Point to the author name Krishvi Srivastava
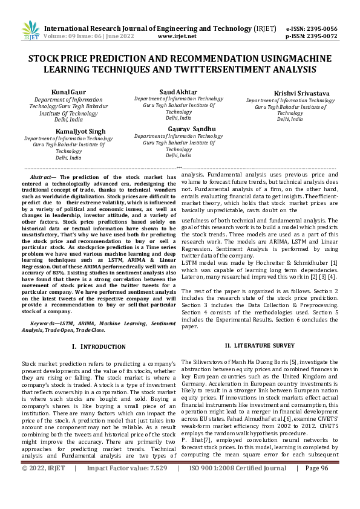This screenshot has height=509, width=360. [x=285, y=93]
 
